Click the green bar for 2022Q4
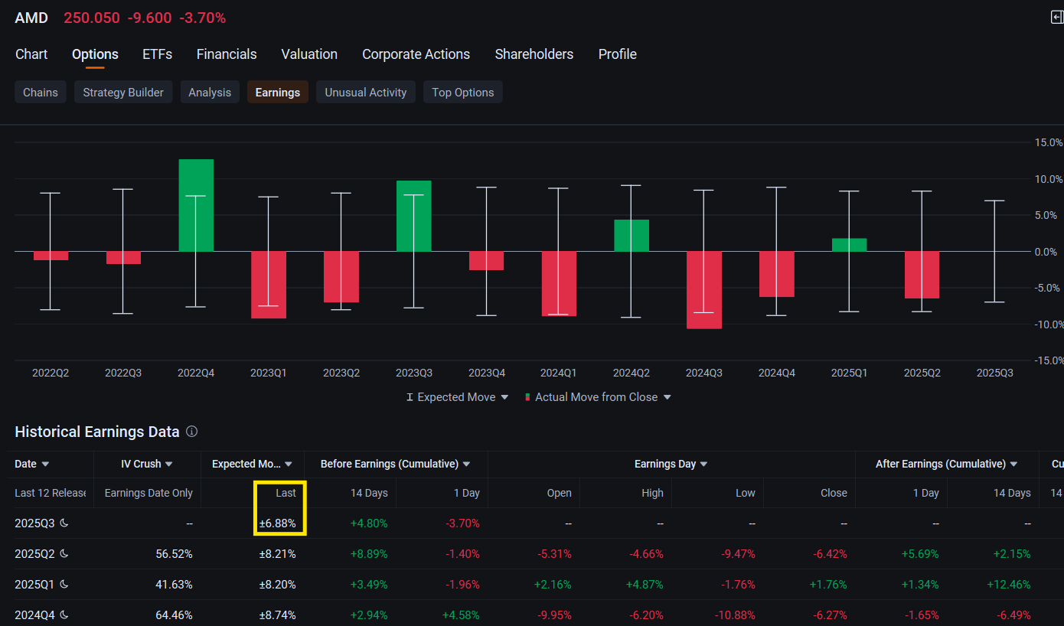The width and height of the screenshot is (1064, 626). tap(196, 205)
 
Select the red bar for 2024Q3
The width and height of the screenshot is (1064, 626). tap(704, 290)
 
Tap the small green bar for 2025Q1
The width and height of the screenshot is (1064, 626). tap(850, 245)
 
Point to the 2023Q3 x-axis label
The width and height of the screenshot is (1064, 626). tap(413, 373)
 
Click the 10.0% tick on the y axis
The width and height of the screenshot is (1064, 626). tap(1048, 179)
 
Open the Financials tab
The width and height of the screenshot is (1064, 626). tap(227, 54)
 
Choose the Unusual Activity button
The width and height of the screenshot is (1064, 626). tap(365, 92)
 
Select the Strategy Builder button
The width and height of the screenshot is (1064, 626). tap(123, 92)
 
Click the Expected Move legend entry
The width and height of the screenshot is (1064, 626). tap(457, 397)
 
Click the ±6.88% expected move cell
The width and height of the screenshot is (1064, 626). tap(277, 523)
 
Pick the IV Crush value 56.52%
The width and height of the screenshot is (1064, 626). tap(174, 554)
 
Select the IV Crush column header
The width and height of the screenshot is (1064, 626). tap(146, 464)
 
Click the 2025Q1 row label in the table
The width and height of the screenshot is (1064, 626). tap(34, 585)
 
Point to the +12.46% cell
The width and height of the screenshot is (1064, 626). tap(1009, 585)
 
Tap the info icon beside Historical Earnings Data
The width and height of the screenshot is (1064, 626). tap(191, 432)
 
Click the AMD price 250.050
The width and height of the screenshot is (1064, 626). tap(92, 18)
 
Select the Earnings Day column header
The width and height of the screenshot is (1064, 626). tap(671, 464)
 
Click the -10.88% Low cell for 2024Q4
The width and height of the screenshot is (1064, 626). tap(735, 615)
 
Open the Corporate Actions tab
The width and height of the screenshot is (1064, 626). tap(416, 54)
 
